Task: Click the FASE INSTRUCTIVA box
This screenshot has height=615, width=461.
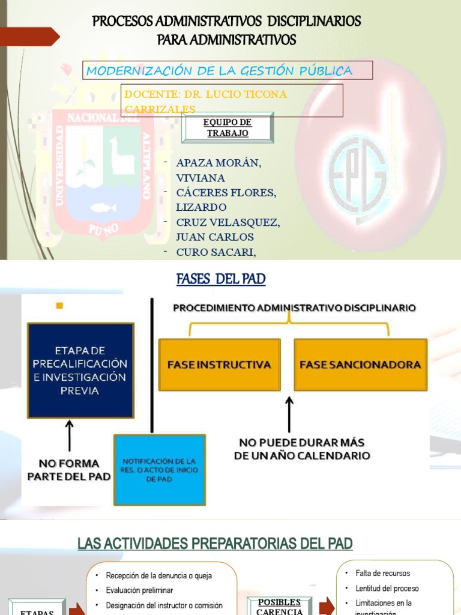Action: (219, 365)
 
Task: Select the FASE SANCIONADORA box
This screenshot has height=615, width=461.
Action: (360, 365)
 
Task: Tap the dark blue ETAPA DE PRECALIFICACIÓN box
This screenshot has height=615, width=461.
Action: (80, 370)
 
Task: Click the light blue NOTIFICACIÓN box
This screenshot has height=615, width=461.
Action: (160, 470)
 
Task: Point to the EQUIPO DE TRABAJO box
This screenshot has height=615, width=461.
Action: (227, 127)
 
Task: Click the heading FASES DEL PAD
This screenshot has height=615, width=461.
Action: (221, 279)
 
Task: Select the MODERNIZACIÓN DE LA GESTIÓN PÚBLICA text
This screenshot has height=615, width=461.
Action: (219, 71)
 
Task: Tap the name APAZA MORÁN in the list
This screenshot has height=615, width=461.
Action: (218, 163)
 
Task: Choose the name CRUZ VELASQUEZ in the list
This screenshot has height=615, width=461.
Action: (227, 222)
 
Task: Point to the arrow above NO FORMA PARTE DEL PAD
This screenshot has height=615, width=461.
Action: (70, 435)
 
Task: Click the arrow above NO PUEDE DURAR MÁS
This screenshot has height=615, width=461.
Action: (290, 414)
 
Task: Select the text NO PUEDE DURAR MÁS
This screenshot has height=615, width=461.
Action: (301, 443)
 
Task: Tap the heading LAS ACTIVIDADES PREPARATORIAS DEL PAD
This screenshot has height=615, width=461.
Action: (215, 544)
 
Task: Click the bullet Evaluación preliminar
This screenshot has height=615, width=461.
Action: (139, 590)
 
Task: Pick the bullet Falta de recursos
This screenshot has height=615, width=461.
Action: (382, 574)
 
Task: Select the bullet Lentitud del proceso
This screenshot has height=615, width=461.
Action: (387, 589)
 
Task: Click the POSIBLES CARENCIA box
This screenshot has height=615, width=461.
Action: (279, 607)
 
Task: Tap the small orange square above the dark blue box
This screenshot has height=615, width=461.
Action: (59, 306)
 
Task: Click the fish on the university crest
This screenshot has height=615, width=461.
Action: (103, 208)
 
